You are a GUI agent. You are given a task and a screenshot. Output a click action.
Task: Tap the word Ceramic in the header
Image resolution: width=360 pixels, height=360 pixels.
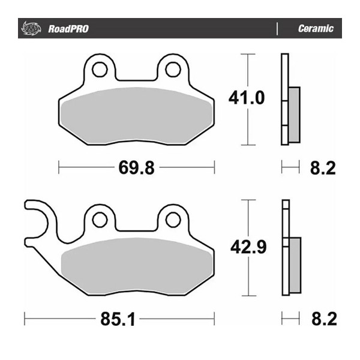(x=316, y=29)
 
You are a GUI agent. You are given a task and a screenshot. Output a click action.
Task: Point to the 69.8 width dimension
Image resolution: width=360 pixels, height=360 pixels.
(x=136, y=168)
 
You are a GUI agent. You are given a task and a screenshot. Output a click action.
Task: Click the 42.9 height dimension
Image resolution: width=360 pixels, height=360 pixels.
(x=248, y=247)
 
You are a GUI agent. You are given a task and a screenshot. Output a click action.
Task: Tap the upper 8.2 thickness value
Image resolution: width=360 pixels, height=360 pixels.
(x=323, y=169)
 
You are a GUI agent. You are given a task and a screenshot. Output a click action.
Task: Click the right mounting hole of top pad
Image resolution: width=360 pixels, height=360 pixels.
(x=172, y=68)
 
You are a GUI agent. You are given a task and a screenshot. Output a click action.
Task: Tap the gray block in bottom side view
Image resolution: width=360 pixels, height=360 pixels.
(x=293, y=264)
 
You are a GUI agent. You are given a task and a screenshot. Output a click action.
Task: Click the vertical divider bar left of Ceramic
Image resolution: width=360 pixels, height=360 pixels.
(x=277, y=29)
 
